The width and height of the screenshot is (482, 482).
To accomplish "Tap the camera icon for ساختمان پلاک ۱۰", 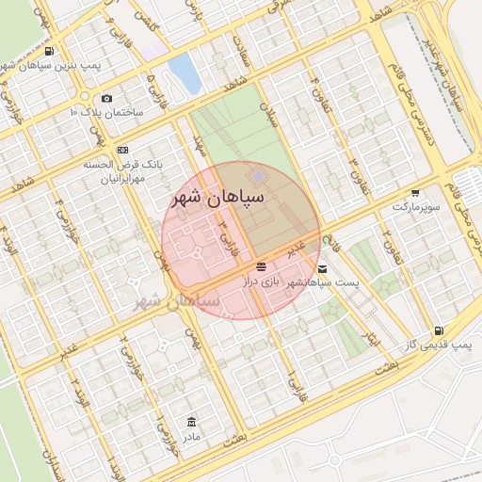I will click(106, 99).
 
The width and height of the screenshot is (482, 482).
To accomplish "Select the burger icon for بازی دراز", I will click(261, 266).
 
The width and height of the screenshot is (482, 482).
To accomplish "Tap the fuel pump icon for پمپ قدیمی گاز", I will click(439, 331).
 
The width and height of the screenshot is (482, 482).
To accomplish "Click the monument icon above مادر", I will click(192, 421).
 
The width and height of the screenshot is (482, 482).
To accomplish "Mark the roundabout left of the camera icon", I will click(84, 97).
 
